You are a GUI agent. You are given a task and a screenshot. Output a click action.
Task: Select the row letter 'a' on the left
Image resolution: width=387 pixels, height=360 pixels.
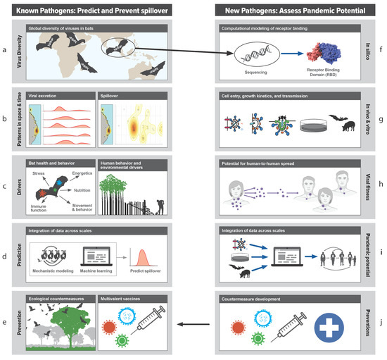click(6, 51)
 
